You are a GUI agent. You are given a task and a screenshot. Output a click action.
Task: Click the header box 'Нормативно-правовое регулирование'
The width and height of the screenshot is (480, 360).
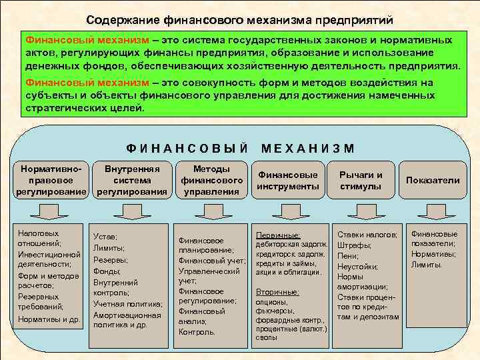point(51,181)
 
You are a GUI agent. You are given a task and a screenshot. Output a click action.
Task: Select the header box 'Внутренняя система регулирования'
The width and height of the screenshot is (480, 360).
point(131,181)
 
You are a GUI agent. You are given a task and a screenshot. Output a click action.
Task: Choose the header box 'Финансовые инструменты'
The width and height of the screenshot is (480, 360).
point(288,181)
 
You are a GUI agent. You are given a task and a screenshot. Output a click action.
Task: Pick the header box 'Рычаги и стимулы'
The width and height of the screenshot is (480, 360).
point(361,181)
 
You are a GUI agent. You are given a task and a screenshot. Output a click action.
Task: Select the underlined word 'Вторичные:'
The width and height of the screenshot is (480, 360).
point(274,292)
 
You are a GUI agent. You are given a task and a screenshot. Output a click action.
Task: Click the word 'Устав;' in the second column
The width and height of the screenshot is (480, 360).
point(105,237)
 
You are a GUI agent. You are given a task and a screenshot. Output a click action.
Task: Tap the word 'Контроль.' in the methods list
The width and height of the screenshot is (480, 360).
point(197,331)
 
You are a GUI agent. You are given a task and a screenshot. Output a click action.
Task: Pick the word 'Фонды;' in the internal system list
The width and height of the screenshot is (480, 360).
point(107,271)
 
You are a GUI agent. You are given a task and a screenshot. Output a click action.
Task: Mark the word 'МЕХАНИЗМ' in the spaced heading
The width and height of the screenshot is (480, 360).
point(309,149)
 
